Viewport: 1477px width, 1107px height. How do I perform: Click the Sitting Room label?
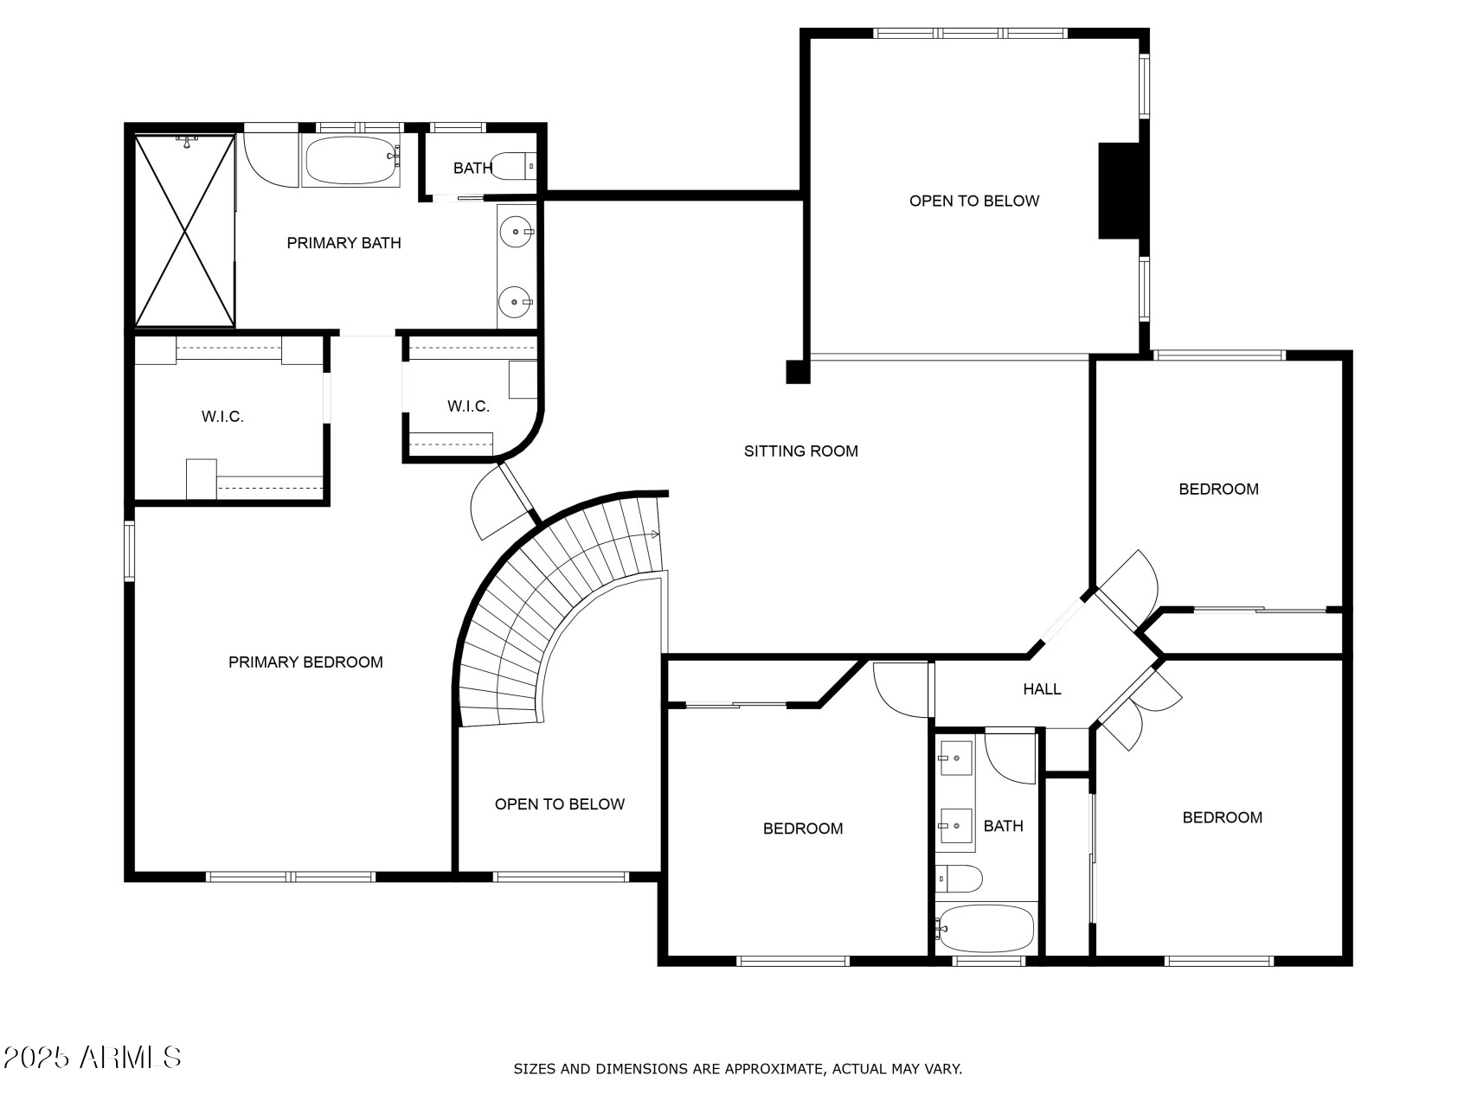pos(800,451)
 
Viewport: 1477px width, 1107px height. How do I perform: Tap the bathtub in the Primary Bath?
pos(350,160)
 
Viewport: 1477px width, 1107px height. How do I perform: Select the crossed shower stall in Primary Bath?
pos(184,231)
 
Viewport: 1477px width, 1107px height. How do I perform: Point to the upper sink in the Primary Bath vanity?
pos(517,232)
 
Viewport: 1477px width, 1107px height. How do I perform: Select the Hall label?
pos(1042,689)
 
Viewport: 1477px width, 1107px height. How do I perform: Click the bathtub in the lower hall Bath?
pos(986,927)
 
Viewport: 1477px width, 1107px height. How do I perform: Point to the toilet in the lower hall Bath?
pos(960,879)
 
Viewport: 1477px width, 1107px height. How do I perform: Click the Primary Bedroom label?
pos(305,662)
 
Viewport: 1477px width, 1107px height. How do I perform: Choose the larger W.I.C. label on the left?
pos(222,417)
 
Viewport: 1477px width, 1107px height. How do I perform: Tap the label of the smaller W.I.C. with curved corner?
pos(468,406)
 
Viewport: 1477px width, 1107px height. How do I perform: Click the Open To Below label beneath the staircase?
pos(559,804)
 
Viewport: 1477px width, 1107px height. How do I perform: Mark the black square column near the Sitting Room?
pos(797,372)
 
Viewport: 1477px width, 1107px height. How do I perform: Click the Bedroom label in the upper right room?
pos(1218,490)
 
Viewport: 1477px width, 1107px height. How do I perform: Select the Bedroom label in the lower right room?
pos(1222,817)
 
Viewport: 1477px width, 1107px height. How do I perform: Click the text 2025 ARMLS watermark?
pos(92,1057)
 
